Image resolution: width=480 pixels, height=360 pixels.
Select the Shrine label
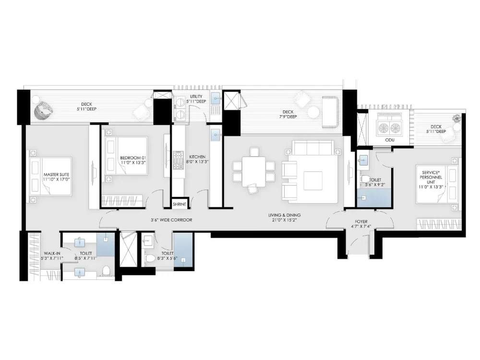[x=180, y=204]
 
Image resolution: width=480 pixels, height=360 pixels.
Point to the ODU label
[x=390, y=140]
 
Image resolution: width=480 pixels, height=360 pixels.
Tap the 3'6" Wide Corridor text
[x=171, y=220]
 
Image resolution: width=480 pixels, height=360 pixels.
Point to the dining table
[x=254, y=171]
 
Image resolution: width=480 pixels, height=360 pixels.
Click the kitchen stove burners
[x=178, y=160]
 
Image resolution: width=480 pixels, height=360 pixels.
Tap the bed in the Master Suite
[x=51, y=176]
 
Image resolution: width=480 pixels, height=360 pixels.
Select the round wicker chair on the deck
[x=42, y=111]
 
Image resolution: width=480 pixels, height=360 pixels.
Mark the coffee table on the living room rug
[x=313, y=180]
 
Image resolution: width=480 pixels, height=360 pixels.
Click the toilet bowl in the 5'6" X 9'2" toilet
[x=365, y=179]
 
